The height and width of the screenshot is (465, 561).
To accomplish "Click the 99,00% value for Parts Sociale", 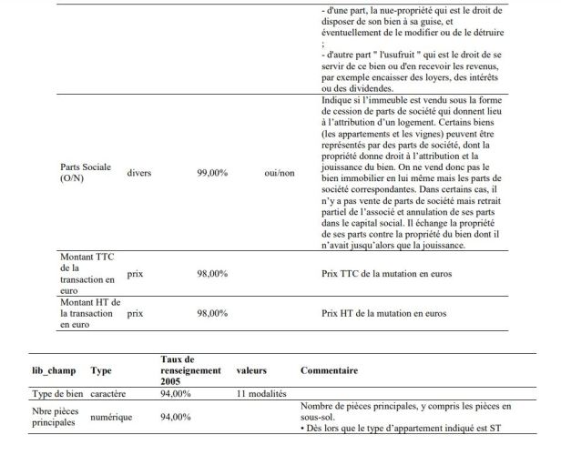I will pos(212,171).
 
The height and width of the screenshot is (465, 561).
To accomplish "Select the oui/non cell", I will pos(279,171).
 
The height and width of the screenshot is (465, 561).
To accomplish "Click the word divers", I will pos(140,171).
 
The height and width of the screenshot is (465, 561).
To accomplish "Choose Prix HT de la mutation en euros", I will pos(385,314).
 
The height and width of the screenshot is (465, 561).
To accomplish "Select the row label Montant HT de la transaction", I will pos(85,313).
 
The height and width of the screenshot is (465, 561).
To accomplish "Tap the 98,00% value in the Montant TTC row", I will pos(212,273).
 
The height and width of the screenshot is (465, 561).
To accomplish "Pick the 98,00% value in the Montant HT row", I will pos(212,314).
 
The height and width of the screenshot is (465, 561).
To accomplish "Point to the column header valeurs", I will pos(251,370).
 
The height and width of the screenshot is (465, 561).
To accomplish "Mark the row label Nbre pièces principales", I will pos(55,417).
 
